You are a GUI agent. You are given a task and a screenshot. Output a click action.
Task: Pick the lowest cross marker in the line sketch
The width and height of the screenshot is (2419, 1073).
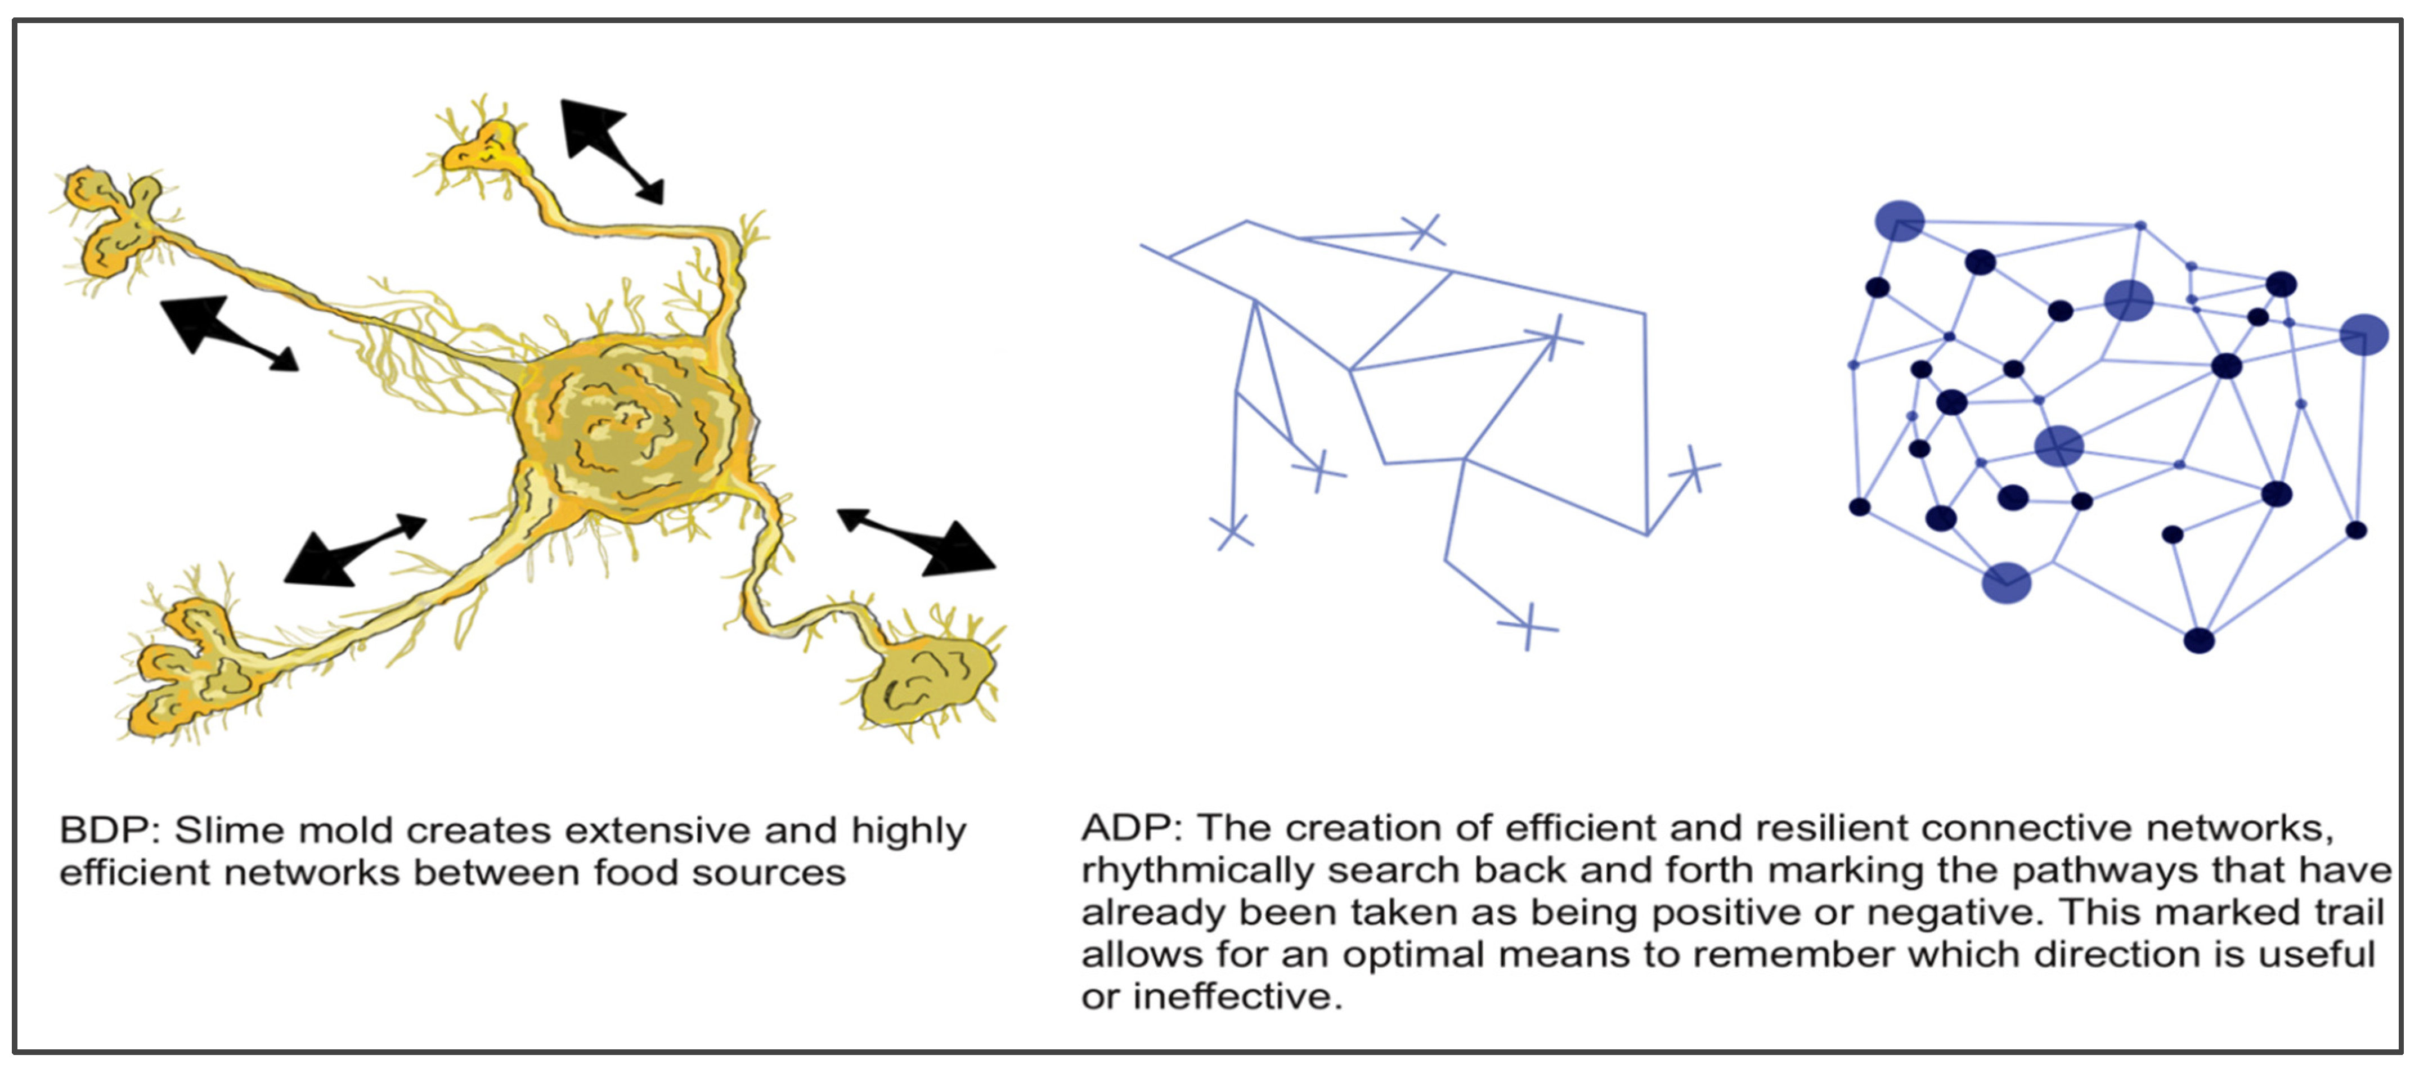pyautogui.click(x=1528, y=626)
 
